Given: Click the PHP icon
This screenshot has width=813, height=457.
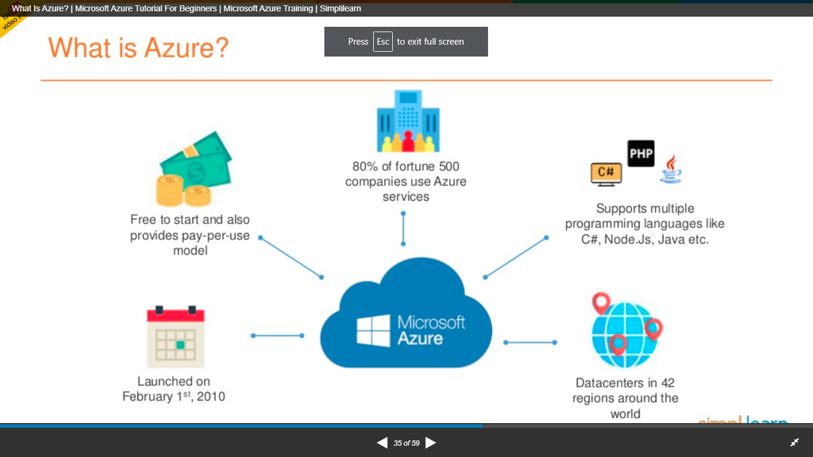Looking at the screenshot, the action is [x=641, y=154].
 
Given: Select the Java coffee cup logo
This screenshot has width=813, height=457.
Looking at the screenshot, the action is [x=671, y=169].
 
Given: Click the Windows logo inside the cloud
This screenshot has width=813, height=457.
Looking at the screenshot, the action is [x=373, y=331].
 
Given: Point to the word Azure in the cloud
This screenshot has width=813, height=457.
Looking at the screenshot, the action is [x=420, y=339].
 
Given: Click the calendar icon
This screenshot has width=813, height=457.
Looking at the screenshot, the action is [x=176, y=336].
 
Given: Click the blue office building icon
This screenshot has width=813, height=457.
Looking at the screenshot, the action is [x=408, y=121].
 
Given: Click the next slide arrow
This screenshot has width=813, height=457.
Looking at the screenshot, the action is [x=431, y=443].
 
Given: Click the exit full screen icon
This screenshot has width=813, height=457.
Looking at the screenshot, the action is [x=795, y=443].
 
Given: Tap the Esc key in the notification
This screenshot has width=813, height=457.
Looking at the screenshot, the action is [x=383, y=42].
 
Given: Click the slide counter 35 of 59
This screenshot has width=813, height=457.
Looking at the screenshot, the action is [x=406, y=443].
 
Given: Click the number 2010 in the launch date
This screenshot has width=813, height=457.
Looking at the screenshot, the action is [x=211, y=397].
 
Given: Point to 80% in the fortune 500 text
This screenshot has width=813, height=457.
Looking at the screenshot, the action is [x=365, y=166].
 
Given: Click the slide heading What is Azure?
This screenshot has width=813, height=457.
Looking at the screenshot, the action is [x=138, y=47].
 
